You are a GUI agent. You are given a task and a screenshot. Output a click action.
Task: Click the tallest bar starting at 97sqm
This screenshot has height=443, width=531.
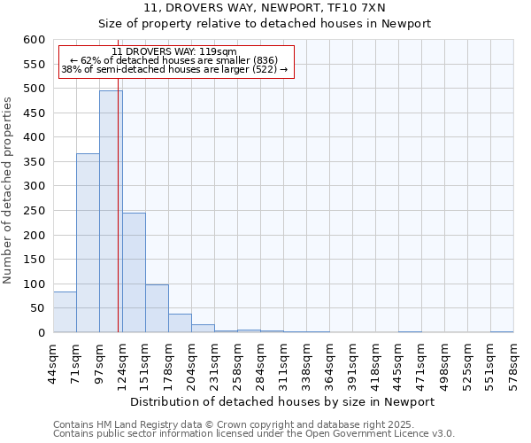pos(111,213)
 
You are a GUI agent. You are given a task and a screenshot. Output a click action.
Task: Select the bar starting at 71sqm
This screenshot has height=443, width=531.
pos(88,244)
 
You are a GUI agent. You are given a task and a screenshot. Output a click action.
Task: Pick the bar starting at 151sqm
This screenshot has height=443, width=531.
pos(157,308)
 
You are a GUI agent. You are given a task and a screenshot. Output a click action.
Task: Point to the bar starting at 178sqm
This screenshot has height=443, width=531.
pos(180,323)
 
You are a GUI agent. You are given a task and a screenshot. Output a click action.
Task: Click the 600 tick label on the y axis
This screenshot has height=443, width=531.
pos(34,40)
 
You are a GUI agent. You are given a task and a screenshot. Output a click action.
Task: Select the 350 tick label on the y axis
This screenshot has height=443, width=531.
pos(34,162)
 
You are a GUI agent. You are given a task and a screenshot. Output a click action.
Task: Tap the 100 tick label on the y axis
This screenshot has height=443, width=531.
pos(34,284)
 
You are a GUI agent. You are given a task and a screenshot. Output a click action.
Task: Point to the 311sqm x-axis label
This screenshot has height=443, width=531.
pos(284,361)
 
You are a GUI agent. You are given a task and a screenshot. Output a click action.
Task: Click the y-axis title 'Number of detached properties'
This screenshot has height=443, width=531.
pos(9,190)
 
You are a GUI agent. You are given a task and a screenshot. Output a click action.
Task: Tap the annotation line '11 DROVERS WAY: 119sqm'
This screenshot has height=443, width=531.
pos(174,51)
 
